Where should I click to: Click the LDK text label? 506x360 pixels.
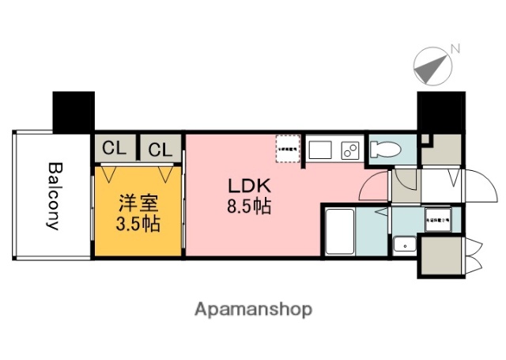250,188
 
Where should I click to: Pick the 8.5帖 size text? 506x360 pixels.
250,208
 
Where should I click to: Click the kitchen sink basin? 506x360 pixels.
322,148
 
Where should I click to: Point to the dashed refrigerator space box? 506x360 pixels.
286,148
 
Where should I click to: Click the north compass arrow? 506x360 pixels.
432,67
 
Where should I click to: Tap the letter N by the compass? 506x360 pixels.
455,49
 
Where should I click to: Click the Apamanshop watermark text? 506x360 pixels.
254,309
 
